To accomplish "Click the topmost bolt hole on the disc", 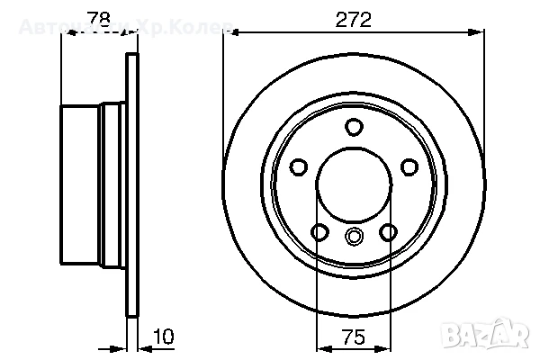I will coord(354,127).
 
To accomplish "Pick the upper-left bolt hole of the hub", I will coord(299,166).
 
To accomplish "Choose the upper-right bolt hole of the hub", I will coord(409,166).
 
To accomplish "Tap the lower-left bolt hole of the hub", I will coord(319,232).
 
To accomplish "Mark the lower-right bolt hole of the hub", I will coord(388,232).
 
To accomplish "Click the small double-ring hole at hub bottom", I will coord(354,237).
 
